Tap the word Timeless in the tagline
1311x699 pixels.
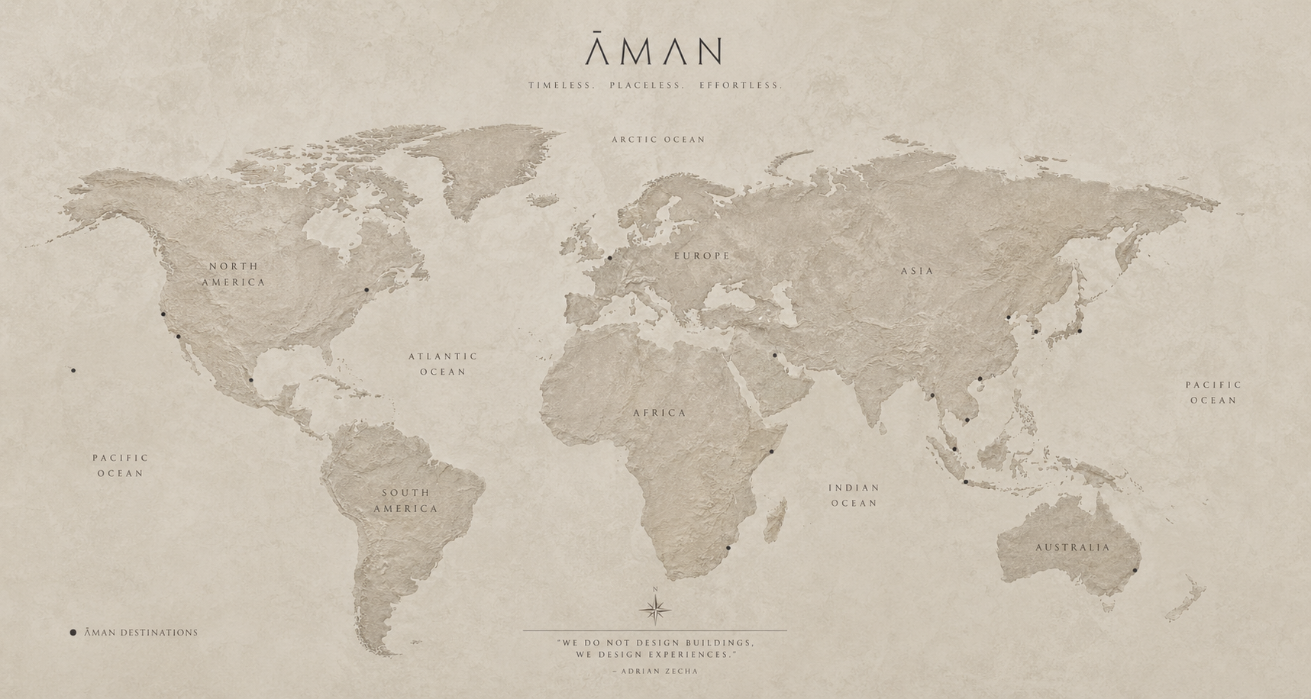click(561, 85)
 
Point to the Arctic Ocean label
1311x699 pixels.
click(658, 140)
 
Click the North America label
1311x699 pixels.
click(234, 274)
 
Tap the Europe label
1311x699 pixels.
click(702, 256)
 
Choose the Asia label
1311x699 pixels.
click(917, 271)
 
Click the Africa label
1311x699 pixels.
click(660, 413)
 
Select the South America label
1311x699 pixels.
click(405, 501)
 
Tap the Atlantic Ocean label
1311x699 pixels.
click(443, 364)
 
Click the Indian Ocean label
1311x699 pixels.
click(854, 495)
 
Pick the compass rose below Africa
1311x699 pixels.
click(655, 608)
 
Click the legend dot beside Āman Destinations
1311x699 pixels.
click(73, 633)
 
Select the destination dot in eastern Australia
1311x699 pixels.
click(1135, 571)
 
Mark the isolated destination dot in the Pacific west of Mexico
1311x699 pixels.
click(73, 371)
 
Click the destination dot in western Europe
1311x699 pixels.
click(609, 258)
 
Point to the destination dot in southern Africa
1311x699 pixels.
click(728, 548)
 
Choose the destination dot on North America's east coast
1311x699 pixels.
click(366, 290)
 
